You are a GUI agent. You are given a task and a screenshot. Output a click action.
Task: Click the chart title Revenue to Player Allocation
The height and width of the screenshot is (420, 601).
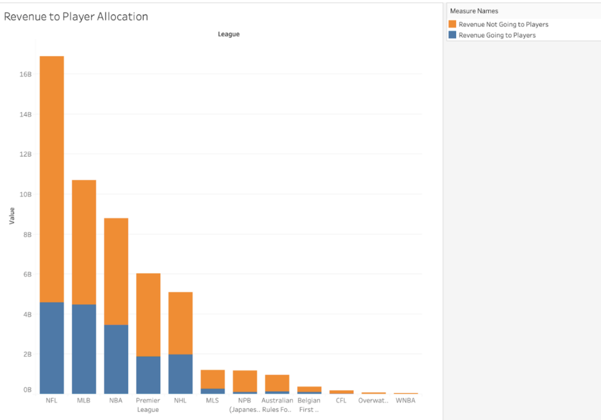76,17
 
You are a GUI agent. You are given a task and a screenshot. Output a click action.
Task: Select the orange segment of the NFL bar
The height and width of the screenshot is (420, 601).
52,176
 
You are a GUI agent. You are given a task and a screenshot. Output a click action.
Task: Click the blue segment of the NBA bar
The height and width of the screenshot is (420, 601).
116,359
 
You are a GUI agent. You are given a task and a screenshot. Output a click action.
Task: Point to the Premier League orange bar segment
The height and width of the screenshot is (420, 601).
148,314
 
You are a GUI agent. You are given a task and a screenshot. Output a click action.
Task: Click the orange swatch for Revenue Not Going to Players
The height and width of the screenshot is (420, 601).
452,24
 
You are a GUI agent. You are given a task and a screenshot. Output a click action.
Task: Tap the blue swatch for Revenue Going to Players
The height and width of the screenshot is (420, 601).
452,35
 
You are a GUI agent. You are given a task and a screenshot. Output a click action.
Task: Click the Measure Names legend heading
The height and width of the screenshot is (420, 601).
474,11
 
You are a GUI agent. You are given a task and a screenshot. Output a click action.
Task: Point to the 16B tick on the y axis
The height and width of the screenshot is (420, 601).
25,75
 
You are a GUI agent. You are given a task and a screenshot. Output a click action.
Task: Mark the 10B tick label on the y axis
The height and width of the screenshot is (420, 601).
25,194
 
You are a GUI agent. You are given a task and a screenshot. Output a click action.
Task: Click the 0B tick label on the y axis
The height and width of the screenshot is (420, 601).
27,390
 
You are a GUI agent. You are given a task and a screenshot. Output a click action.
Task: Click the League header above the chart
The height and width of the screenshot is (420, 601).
228,34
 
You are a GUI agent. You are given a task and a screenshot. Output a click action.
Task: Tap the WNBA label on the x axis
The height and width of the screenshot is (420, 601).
406,401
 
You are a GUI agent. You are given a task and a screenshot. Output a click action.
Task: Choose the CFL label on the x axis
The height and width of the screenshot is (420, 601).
341,401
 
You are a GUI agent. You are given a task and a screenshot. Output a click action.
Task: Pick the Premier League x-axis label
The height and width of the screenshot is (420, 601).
148,405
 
